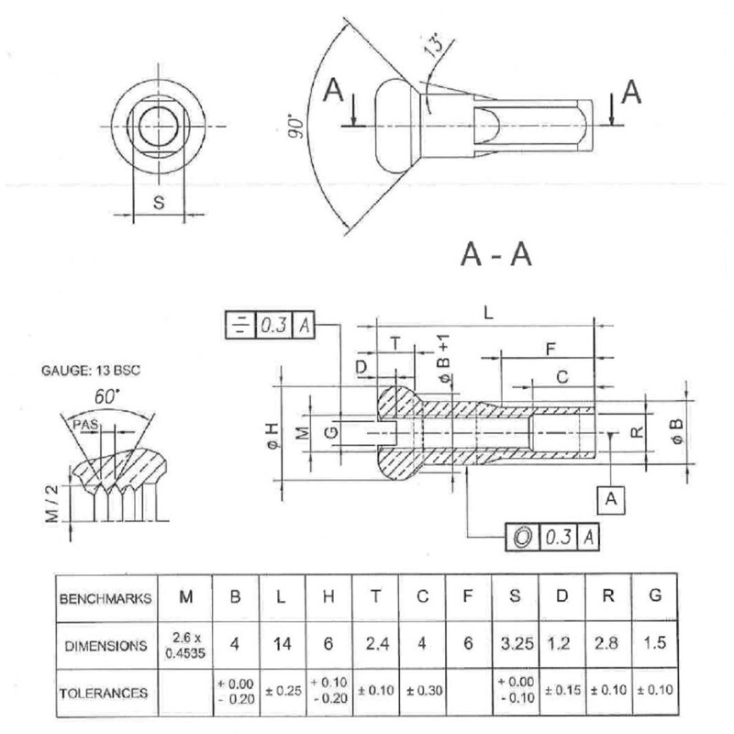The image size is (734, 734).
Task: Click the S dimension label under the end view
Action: click(x=158, y=204)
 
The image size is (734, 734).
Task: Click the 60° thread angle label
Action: click(x=108, y=399)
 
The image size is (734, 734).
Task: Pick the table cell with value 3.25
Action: click(x=516, y=644)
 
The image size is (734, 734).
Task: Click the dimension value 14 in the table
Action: click(x=282, y=644)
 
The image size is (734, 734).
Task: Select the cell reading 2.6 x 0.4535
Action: click(x=186, y=644)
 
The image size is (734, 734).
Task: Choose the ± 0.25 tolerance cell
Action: click(x=282, y=691)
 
